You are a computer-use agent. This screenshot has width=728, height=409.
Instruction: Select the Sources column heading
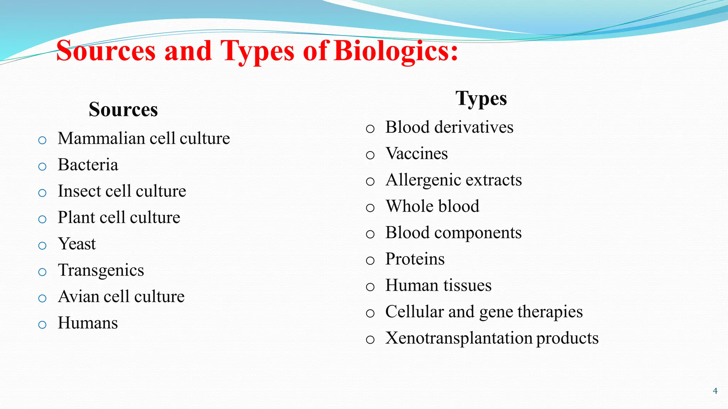(123, 109)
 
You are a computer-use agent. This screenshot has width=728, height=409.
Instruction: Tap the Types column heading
(481, 99)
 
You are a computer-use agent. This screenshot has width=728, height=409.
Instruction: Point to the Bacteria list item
(88, 165)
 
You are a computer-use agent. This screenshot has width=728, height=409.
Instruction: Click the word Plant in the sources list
(76, 217)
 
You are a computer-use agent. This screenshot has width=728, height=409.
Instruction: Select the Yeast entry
(77, 244)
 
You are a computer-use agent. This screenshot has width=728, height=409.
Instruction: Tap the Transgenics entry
(101, 271)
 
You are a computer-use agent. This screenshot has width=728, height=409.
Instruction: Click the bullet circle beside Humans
(42, 325)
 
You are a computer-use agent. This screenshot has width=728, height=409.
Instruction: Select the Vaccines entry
(417, 154)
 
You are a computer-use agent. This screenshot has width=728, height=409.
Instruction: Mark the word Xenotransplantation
(459, 338)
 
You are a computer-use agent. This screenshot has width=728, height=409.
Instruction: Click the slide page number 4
(715, 391)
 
